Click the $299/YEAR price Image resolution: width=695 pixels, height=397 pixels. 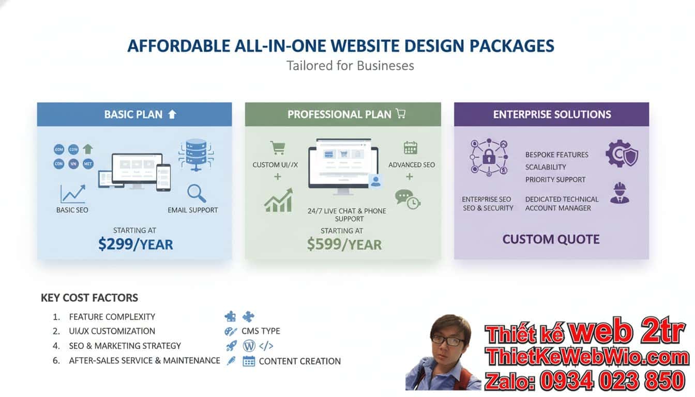tap(135, 244)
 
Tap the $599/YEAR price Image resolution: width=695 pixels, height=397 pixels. tap(344, 244)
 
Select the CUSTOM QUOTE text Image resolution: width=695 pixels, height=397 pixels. tap(551, 239)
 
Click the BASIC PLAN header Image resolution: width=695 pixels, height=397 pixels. tap(134, 114)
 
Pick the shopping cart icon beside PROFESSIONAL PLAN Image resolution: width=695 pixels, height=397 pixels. tap(400, 114)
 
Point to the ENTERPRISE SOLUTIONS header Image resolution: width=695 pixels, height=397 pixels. tap(552, 114)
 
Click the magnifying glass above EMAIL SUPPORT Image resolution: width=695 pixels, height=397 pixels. tap(197, 193)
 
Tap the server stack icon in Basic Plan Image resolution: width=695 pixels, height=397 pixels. tap(195, 154)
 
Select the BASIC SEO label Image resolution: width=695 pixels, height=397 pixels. tap(72, 210)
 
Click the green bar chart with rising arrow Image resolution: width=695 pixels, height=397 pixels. tap(278, 201)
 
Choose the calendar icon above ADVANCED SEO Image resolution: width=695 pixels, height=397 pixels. tap(411, 148)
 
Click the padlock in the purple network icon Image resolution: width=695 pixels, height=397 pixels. tap(489, 157)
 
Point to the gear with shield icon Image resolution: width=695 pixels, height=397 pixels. tap(621, 154)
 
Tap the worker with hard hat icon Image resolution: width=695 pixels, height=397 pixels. tap(620, 193)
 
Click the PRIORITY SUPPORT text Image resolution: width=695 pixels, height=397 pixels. tap(555, 179)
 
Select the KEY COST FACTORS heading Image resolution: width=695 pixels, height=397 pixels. tap(89, 298)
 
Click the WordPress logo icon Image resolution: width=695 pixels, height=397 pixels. tap(249, 346)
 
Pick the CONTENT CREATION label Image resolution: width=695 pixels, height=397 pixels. tap(299, 361)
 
